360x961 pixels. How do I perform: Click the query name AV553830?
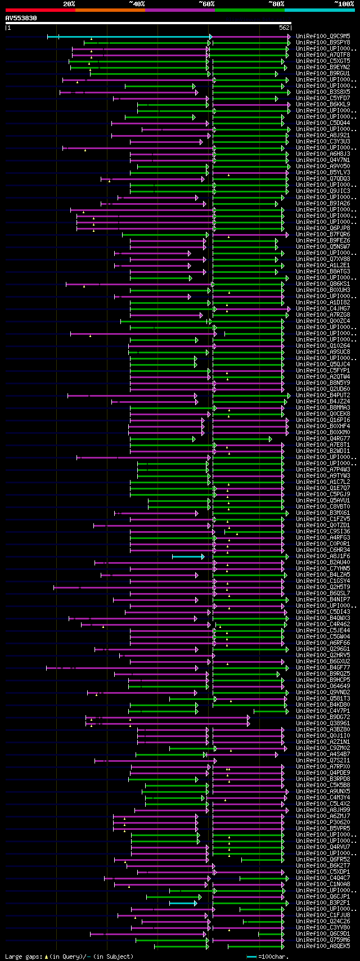click(x=21, y=18)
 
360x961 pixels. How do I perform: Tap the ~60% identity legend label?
click(x=206, y=4)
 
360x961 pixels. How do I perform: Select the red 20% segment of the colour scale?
click(x=40, y=10)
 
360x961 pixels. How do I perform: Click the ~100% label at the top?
click(x=344, y=4)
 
